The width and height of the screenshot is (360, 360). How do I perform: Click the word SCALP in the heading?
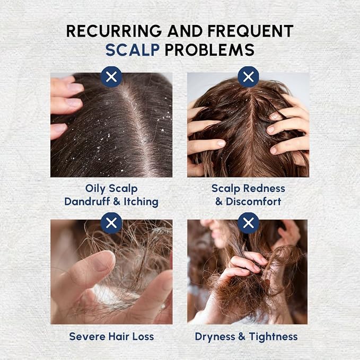[x=133, y=50]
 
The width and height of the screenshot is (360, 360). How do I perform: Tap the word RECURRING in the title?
[x=114, y=31]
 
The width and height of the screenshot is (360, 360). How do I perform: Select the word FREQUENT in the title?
[x=250, y=31]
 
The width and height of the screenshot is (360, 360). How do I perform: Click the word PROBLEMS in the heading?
[x=209, y=50]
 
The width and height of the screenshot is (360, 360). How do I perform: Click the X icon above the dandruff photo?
[x=111, y=77]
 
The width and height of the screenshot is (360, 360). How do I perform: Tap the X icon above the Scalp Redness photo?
[x=248, y=77]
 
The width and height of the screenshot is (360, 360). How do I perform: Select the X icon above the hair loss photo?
[x=111, y=223]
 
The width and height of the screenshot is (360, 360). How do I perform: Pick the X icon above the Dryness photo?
[x=248, y=223]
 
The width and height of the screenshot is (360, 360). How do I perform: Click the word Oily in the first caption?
[x=95, y=189]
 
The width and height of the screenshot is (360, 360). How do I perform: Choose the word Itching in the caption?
[x=141, y=202]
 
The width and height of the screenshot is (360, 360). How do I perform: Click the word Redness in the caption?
[x=264, y=189]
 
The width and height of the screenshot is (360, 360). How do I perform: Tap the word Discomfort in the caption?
[x=253, y=201]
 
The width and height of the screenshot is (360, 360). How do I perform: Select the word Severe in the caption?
[x=87, y=337]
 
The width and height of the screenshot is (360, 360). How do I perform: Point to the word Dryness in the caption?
[x=215, y=337]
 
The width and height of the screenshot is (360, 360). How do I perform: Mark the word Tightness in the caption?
[x=273, y=337]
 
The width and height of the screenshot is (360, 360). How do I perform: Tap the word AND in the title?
[x=185, y=31]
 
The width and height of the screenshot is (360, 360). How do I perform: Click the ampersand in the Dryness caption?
[x=242, y=337]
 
